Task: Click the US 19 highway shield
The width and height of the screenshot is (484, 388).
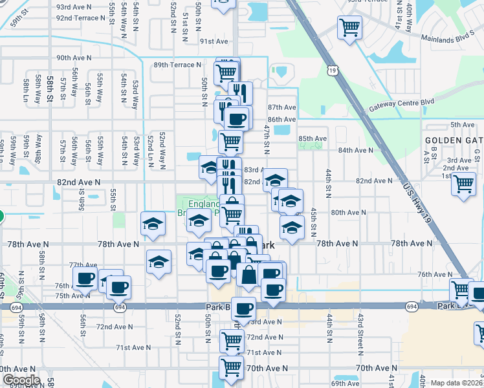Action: pos(333,69)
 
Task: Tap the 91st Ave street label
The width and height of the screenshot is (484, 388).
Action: pos(214,41)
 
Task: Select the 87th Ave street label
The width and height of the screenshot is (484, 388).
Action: pos(281,107)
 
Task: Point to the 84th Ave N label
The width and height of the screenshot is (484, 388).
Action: pos(356,150)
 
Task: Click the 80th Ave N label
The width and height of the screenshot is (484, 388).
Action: pos(348,212)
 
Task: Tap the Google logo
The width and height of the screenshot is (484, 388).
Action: pos(21,380)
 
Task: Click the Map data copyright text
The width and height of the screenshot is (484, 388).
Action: pos(456,383)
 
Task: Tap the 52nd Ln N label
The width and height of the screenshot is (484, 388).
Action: pos(149,152)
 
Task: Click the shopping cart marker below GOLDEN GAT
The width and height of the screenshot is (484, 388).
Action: pos(464,184)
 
